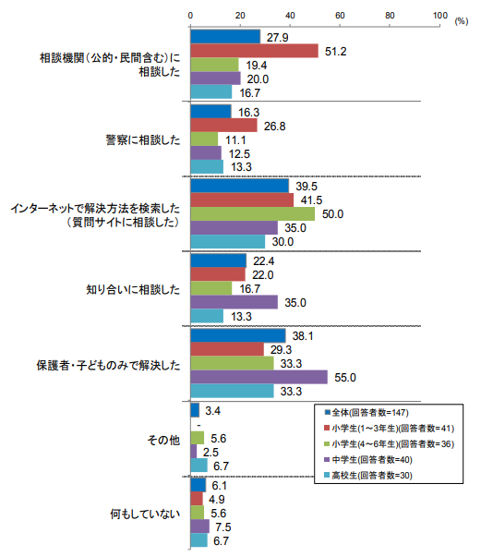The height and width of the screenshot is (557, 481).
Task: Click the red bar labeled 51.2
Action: [x=254, y=51]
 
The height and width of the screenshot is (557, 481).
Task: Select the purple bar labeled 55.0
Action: [x=259, y=377]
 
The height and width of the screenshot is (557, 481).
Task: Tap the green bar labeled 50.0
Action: [x=253, y=213]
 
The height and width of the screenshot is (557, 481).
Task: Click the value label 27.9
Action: [x=277, y=37]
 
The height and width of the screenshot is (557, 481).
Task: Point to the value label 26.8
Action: [x=274, y=127]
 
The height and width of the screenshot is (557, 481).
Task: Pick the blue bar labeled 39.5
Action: [x=240, y=186]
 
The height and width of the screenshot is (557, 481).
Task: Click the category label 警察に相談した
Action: [x=143, y=140]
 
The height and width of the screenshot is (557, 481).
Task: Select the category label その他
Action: [x=163, y=440]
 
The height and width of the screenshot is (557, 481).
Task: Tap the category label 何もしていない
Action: [x=145, y=514]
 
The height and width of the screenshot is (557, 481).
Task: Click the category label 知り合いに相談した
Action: [x=133, y=289]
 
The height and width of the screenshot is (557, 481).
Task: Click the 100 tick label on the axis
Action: [x=439, y=16]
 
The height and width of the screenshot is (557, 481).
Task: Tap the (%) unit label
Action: [x=461, y=21]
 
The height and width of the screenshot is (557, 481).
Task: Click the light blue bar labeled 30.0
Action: [x=227, y=241]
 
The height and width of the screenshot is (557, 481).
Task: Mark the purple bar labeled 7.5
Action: [x=199, y=527]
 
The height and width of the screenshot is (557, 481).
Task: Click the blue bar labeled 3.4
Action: [x=195, y=410]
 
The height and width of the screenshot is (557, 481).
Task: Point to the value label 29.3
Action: [x=281, y=350]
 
